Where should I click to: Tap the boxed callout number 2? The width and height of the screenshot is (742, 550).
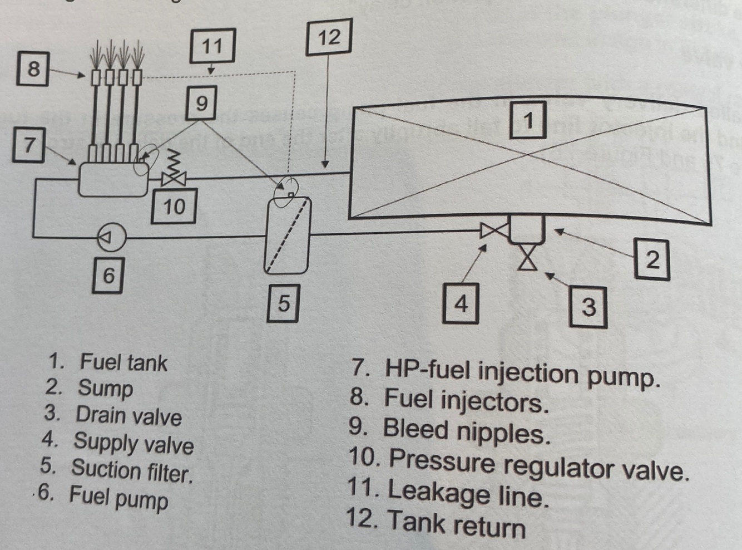click(652, 259)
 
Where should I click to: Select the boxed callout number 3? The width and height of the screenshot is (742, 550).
click(588, 306)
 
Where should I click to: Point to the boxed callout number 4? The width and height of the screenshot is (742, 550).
click(461, 303)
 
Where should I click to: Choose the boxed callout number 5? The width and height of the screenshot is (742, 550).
click(284, 303)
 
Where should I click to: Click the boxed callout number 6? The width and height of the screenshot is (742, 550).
click(108, 274)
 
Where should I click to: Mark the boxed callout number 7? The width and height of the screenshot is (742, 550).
click(29, 145)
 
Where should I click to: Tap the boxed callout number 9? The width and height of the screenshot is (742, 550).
click(201, 103)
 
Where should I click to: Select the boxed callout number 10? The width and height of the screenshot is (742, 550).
click(174, 207)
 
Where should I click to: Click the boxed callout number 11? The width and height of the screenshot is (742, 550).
click(212, 46)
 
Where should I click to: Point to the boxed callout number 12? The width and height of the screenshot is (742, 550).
click(329, 37)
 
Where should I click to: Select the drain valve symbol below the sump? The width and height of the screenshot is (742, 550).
click(527, 259)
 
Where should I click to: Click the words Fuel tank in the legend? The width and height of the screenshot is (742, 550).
click(123, 362)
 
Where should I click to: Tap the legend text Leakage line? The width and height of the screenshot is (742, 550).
click(468, 493)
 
